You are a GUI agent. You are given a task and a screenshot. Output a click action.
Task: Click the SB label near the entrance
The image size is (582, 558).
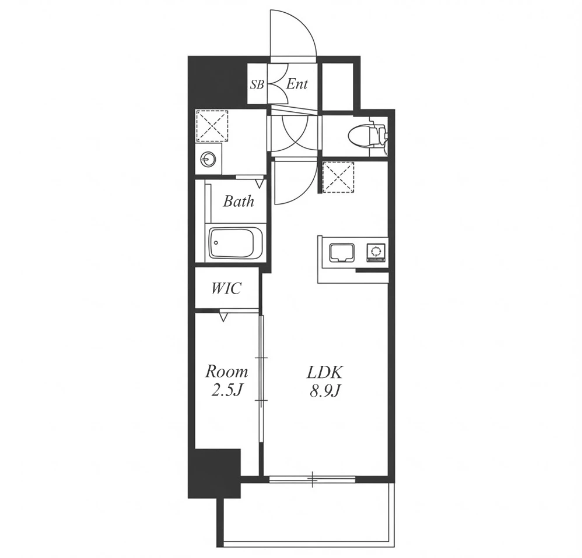click(257, 85)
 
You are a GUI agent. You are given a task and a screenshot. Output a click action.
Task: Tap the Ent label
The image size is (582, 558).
click(297, 84)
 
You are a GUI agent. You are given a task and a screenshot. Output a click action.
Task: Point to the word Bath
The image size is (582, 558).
click(239, 202)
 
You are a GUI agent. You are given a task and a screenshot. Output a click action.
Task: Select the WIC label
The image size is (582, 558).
click(226, 288)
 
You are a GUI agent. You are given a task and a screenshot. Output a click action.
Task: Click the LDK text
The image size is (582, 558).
click(325, 372)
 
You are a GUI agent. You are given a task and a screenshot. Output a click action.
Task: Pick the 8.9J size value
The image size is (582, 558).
click(325, 390)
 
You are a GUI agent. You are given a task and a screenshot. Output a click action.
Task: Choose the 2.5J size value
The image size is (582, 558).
click(227, 390)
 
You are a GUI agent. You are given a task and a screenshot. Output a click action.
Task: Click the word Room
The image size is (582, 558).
click(227, 371)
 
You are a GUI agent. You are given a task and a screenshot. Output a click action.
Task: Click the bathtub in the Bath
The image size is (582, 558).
click(236, 243)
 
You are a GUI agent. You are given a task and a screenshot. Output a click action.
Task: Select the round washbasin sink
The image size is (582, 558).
click(208, 160)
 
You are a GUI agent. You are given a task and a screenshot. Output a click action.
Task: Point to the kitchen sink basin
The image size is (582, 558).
click(342, 252)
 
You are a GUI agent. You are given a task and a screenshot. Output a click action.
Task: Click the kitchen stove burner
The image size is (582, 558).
click(376, 252)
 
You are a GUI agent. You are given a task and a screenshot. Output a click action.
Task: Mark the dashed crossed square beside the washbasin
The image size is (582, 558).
click(212, 126)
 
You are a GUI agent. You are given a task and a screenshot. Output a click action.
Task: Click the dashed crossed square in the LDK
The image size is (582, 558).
click(338, 177)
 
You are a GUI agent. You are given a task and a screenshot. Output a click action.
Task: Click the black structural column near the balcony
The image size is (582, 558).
click(214, 474)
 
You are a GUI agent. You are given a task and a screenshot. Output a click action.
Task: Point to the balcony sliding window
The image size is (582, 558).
click(313, 479)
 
